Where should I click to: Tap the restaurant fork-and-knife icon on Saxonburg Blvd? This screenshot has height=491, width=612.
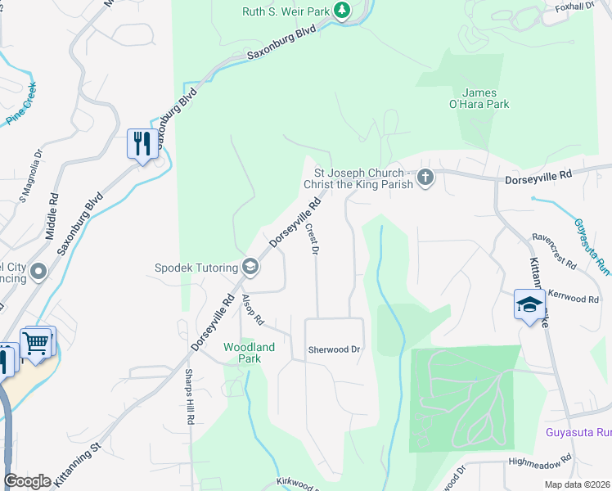(142, 144)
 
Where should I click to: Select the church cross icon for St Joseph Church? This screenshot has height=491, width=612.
(425, 177)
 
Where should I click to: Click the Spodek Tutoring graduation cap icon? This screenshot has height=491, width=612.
(250, 266)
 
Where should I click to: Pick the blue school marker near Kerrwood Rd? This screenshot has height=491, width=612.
(529, 305)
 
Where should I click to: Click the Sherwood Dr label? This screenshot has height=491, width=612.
(334, 349)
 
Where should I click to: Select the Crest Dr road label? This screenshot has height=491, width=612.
(311, 238)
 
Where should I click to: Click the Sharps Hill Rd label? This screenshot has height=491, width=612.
(189, 396)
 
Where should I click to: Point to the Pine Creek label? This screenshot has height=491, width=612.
(22, 104)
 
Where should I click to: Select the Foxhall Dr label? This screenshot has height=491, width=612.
(574, 7)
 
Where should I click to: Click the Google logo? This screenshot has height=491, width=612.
(28, 481)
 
